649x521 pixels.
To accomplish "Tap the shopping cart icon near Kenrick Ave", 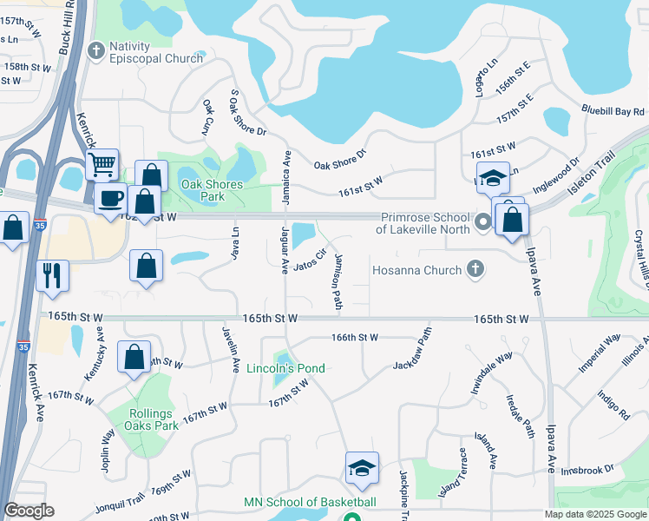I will coord(103,163).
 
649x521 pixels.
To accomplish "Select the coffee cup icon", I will coord(110,199).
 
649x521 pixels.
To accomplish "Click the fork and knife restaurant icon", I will coord(51,275).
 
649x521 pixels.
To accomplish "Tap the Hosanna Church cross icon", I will coord(475,270).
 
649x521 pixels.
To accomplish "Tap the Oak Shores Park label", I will coord(212,190).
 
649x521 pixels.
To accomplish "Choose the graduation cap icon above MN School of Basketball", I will coord(362,468).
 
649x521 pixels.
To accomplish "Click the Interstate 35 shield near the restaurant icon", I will coord(41,223).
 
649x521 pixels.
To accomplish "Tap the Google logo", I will coord(29,511).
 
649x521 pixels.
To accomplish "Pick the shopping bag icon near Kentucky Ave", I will coord(134,357).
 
